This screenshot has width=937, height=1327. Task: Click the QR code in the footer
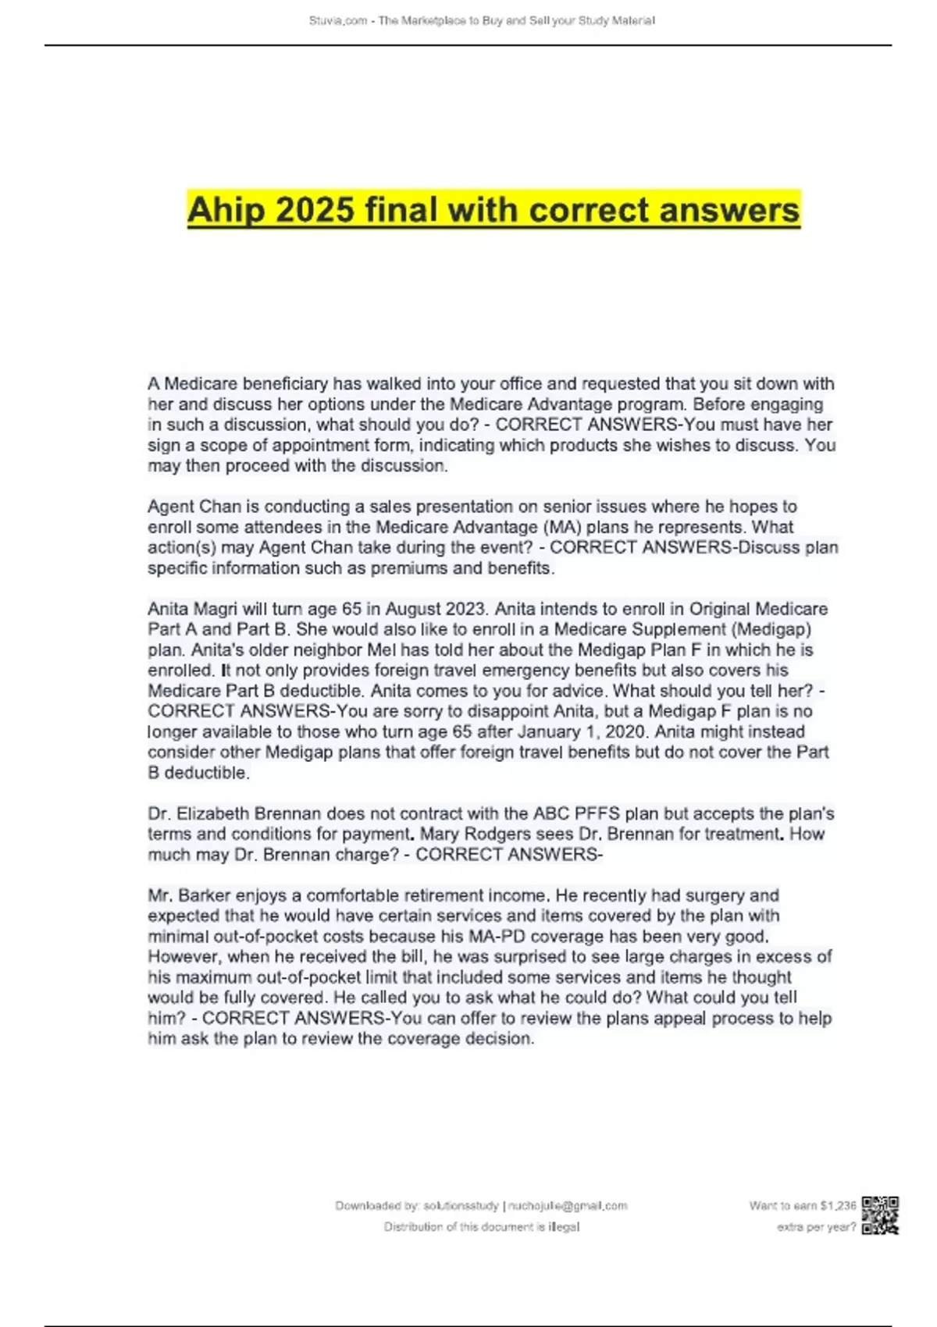click(x=880, y=1215)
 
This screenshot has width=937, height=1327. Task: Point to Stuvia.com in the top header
click(x=338, y=21)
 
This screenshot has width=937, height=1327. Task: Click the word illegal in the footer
click(x=564, y=1226)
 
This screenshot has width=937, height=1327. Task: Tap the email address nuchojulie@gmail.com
click(x=568, y=1205)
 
